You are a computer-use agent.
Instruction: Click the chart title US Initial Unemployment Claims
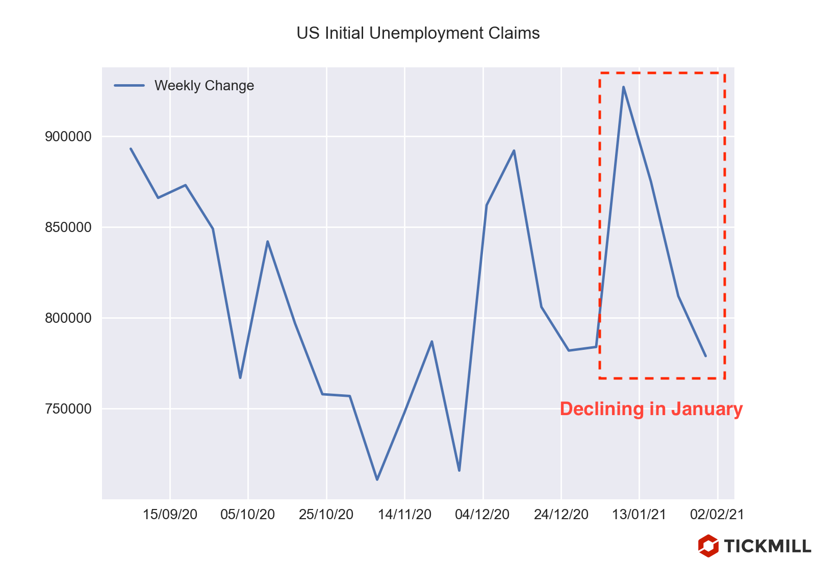[x=418, y=34]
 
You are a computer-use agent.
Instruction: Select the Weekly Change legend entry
[x=204, y=86]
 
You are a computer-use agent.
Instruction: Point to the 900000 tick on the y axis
[x=68, y=137]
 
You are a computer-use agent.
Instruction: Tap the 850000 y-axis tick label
[x=68, y=227]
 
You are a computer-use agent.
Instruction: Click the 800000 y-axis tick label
[x=68, y=318]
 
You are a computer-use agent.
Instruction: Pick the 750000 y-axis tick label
[x=68, y=409]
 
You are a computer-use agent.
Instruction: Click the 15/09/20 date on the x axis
[x=170, y=515]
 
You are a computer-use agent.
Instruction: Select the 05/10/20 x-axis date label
[x=248, y=515]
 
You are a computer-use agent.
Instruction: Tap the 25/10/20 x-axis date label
[x=326, y=515]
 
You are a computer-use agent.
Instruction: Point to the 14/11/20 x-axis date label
[x=404, y=515]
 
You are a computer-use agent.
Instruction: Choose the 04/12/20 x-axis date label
[x=482, y=515]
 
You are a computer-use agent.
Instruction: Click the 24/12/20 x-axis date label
[x=561, y=515]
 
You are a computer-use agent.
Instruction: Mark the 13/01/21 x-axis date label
[x=639, y=515]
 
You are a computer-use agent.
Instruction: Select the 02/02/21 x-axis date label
[x=717, y=515]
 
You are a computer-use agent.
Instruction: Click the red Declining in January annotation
[x=651, y=410]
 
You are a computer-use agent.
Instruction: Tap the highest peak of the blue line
[x=623, y=87]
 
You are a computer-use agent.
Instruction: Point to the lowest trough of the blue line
[x=377, y=479]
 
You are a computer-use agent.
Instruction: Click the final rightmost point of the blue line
[x=705, y=356]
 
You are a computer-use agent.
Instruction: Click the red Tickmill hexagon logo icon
[x=708, y=546]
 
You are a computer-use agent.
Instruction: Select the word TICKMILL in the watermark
[x=768, y=546]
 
